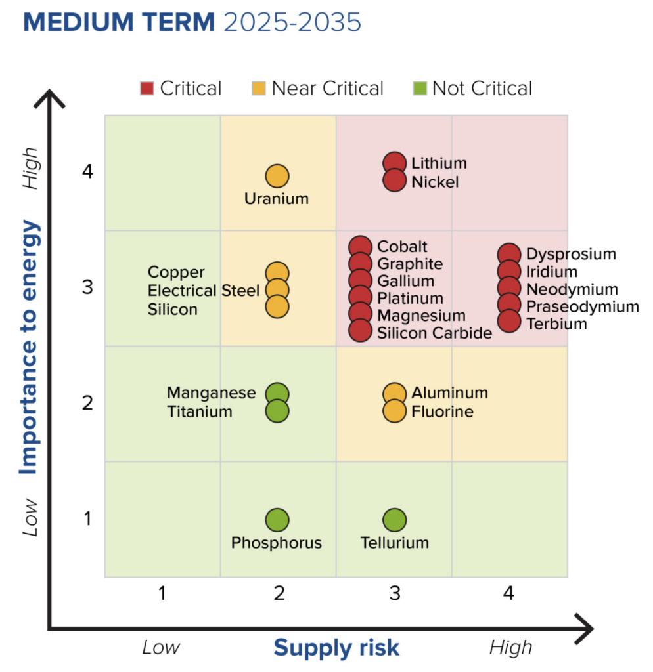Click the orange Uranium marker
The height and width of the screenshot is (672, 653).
(277, 176)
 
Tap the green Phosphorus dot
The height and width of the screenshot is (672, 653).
(277, 520)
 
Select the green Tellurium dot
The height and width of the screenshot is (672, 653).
(394, 520)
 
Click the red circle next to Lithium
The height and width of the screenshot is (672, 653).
(394, 163)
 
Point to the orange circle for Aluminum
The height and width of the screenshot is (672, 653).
(394, 393)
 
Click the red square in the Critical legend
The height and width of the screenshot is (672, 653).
(147, 89)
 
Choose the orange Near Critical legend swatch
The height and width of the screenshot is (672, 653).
(259, 89)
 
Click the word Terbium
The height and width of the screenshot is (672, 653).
(556, 324)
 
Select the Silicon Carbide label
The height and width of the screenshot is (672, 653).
(434, 333)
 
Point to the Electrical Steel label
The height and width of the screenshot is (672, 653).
(204, 291)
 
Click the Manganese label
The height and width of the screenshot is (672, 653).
(211, 393)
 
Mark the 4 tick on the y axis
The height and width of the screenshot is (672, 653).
(88, 173)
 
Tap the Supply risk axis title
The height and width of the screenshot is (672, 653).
(336, 648)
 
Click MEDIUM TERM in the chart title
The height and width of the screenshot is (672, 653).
(119, 22)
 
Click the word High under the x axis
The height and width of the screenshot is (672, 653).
(510, 648)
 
